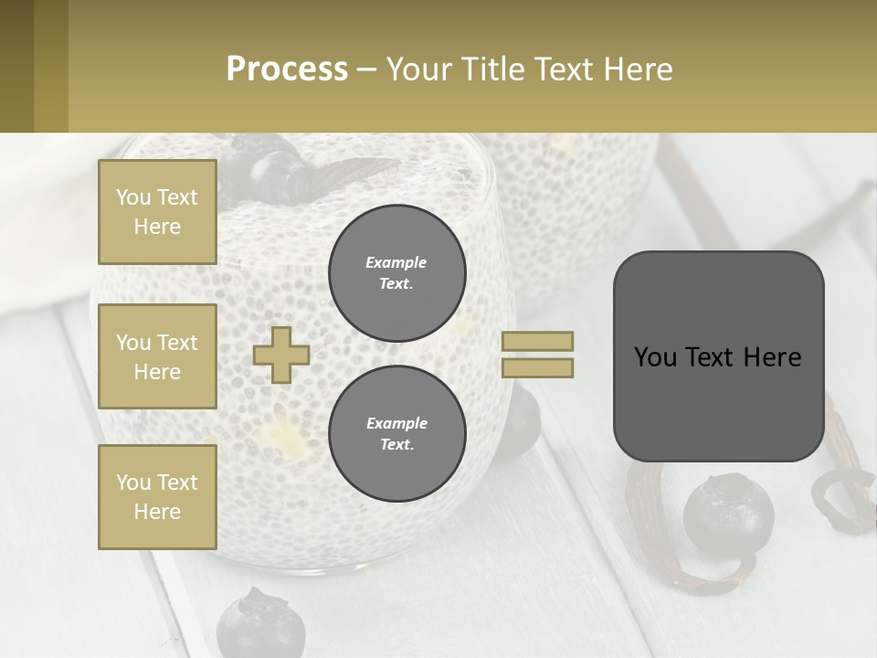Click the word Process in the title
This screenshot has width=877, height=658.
[x=287, y=69]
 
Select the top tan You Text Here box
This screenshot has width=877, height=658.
[x=157, y=212]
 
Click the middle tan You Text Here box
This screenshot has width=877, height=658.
[x=157, y=356]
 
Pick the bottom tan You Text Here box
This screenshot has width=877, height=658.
[x=157, y=497]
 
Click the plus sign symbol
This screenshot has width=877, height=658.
[x=280, y=355]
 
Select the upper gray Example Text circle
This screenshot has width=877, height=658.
[x=396, y=273]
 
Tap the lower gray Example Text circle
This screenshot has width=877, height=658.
[x=396, y=434]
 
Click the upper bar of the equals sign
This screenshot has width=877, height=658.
[x=537, y=341]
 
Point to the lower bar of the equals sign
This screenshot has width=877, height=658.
[x=537, y=367]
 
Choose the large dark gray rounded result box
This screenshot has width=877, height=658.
[x=718, y=356]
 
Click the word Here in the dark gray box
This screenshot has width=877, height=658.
[x=772, y=357]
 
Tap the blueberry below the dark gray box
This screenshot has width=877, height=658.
[x=728, y=513]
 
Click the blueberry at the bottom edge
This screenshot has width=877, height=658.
[x=260, y=625]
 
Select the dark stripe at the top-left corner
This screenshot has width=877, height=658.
[x=16, y=66]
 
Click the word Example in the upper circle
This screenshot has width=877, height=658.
[x=396, y=263]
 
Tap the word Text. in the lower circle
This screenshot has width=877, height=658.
[x=396, y=445]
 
